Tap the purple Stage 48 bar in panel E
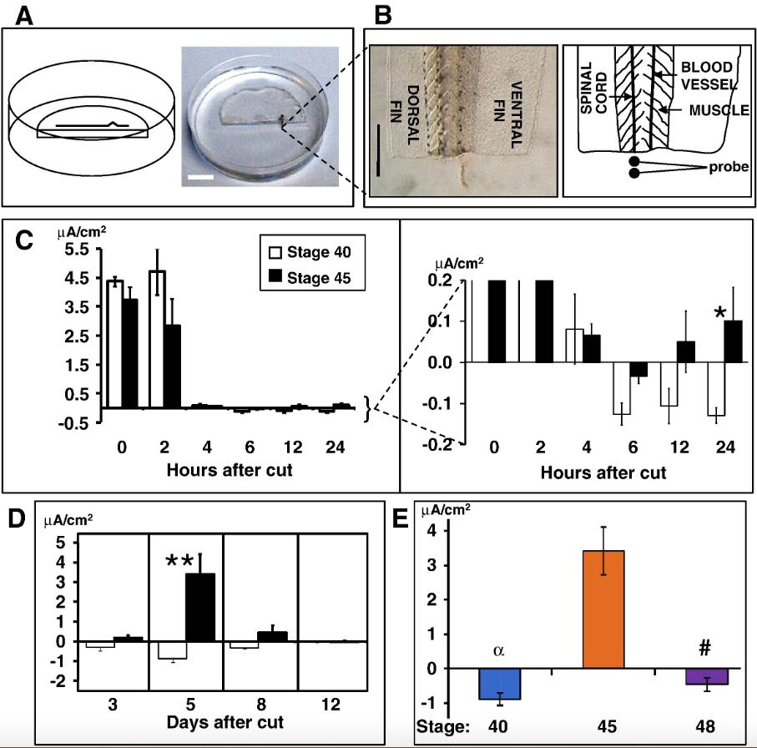pyautogui.click(x=707, y=676)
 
